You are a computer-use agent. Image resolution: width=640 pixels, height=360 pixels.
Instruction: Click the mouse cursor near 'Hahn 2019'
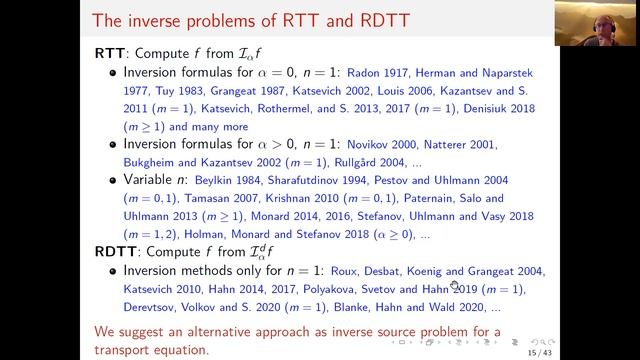coord(455,284)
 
